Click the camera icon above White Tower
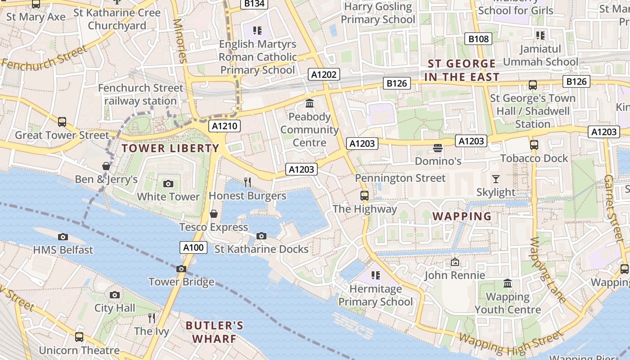(168, 184)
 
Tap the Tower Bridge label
(181, 282)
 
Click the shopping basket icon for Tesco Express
(214, 213)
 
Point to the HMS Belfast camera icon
(63, 237)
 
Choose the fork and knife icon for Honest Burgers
(247, 182)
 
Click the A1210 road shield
(225, 126)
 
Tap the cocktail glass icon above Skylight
(495, 179)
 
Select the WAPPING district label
(462, 216)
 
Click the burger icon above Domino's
(437, 148)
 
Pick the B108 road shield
(478, 39)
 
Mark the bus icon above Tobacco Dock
(534, 145)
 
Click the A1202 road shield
(324, 74)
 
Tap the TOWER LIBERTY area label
(171, 148)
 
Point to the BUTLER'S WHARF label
(215, 332)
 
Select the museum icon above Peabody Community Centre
(310, 103)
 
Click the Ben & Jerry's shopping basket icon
(106, 166)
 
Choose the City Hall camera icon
(115, 295)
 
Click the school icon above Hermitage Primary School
(375, 275)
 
